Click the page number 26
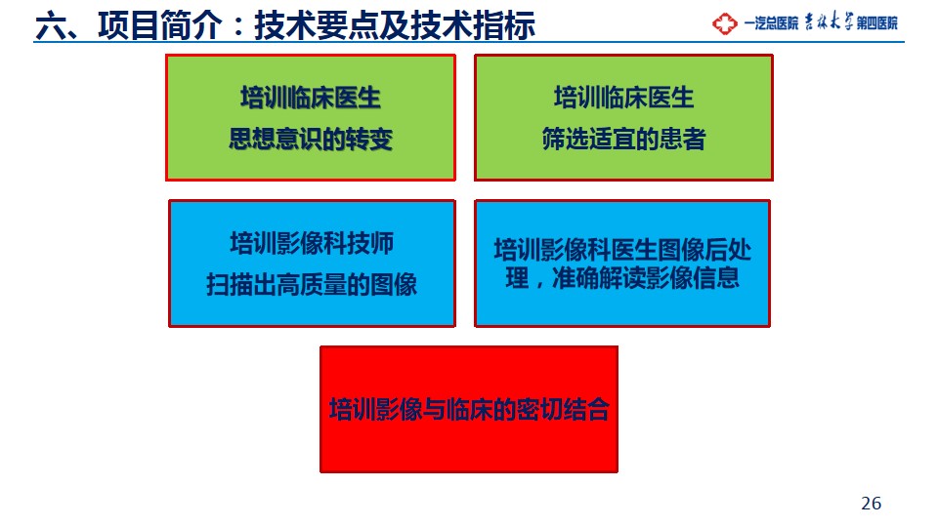[871, 504]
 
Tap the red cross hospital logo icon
[724, 23]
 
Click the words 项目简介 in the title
[159, 25]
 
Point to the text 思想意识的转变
[311, 140]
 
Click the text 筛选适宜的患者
[624, 140]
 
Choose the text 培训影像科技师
[312, 243]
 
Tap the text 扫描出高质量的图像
[312, 284]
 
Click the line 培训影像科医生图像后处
[622, 250]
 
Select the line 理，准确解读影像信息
[622, 278]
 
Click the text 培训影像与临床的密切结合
[469, 409]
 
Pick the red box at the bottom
[469, 409]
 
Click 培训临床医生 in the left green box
[311, 98]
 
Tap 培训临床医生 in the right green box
[624, 98]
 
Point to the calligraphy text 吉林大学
[828, 22]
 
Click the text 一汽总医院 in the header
[771, 23]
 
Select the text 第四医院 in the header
[877, 23]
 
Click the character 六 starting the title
[50, 26]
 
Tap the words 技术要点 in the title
[317, 25]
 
